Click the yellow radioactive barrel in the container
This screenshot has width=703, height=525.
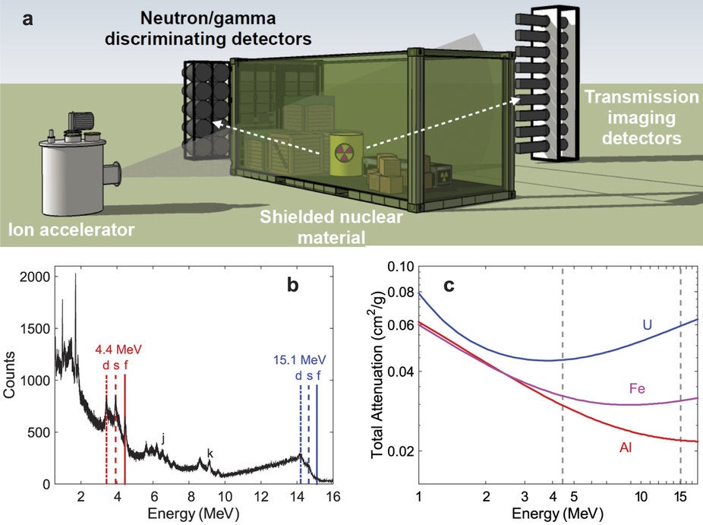[346, 153]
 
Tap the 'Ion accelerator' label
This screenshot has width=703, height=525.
[71, 229]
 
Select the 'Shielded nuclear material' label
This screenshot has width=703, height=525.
[331, 226]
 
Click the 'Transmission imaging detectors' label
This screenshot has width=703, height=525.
[642, 117]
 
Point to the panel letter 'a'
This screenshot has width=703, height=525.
[28, 19]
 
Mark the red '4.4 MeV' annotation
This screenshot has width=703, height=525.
[118, 349]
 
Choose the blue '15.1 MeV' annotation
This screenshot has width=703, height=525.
[299, 360]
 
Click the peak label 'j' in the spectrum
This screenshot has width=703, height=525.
[163, 438]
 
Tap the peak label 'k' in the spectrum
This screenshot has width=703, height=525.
[210, 454]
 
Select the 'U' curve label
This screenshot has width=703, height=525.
[647, 324]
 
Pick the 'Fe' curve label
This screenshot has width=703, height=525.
[637, 388]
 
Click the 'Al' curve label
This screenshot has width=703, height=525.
[626, 448]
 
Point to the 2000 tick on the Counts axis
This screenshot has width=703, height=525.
[34, 277]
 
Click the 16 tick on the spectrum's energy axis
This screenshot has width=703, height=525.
[333, 496]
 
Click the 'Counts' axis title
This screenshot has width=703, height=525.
[9, 375]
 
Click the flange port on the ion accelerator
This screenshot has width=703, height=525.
[113, 174]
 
